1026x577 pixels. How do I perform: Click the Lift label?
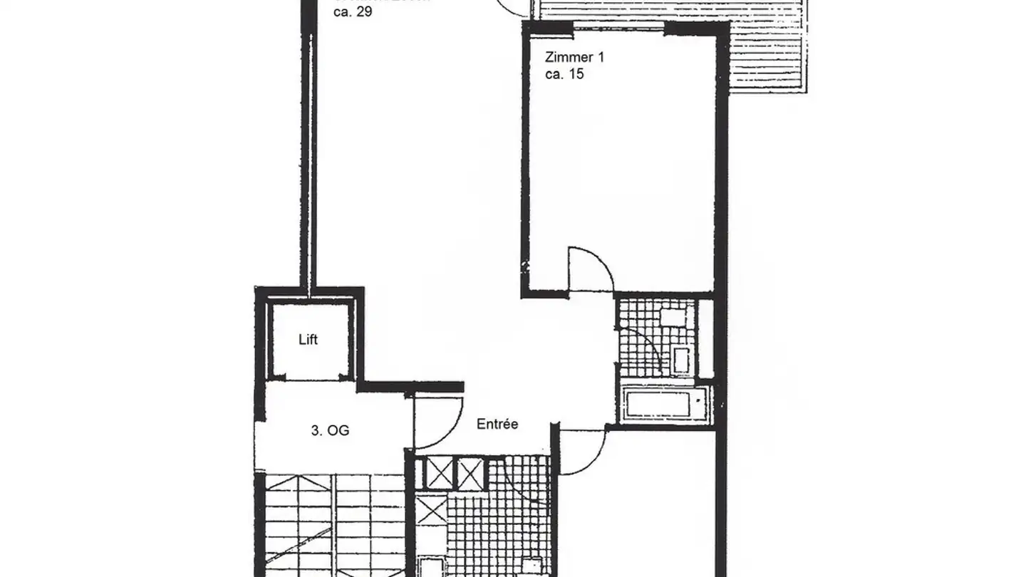point(308,340)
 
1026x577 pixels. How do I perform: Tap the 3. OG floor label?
point(330,430)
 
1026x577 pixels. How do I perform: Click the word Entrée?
point(497,424)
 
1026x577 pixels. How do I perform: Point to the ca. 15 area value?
point(564,73)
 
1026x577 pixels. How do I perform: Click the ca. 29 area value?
point(353,12)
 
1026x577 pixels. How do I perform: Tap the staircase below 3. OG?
point(331,527)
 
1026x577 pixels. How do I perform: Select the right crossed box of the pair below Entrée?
point(468,472)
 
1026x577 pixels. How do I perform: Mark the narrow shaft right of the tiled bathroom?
point(705,338)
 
